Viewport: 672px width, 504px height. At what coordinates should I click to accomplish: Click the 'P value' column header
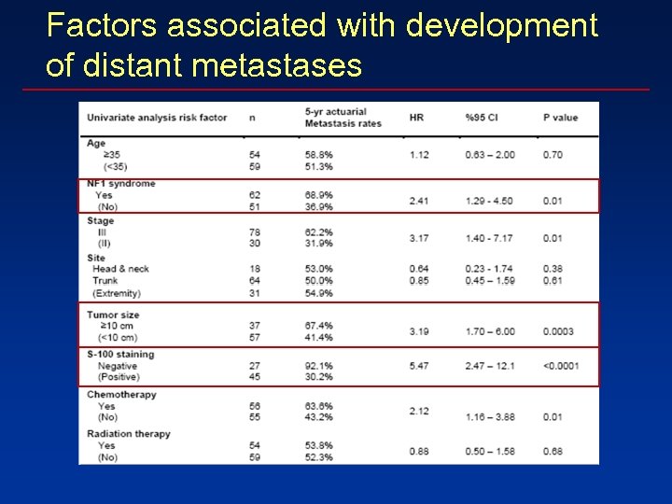(560, 118)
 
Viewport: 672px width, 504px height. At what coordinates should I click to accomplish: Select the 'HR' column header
(416, 118)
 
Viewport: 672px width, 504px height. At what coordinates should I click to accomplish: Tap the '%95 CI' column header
(483, 118)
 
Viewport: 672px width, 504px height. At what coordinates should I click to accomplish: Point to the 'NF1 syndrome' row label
(121, 184)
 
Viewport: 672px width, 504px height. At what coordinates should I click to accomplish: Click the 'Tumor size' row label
(115, 315)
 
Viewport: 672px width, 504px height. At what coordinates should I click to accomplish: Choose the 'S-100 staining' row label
(120, 355)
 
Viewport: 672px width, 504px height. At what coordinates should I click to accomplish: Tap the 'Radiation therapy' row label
(128, 434)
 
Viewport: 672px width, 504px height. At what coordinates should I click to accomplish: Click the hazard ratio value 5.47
(419, 366)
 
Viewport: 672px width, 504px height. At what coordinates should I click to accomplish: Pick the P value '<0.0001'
(561, 366)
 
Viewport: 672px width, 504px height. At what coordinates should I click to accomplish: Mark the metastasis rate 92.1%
(318, 366)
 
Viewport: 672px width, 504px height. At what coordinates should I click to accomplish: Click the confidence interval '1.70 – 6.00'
(489, 331)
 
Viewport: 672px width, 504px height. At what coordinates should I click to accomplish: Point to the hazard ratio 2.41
(419, 201)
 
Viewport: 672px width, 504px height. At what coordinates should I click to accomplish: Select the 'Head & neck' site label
(120, 269)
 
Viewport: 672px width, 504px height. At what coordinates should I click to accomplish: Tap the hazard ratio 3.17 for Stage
(419, 238)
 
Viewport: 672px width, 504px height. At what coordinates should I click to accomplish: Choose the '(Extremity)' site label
(117, 293)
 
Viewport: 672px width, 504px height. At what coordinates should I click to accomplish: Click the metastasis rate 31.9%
(318, 244)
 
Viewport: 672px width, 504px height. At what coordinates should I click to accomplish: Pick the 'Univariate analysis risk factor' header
(157, 118)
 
